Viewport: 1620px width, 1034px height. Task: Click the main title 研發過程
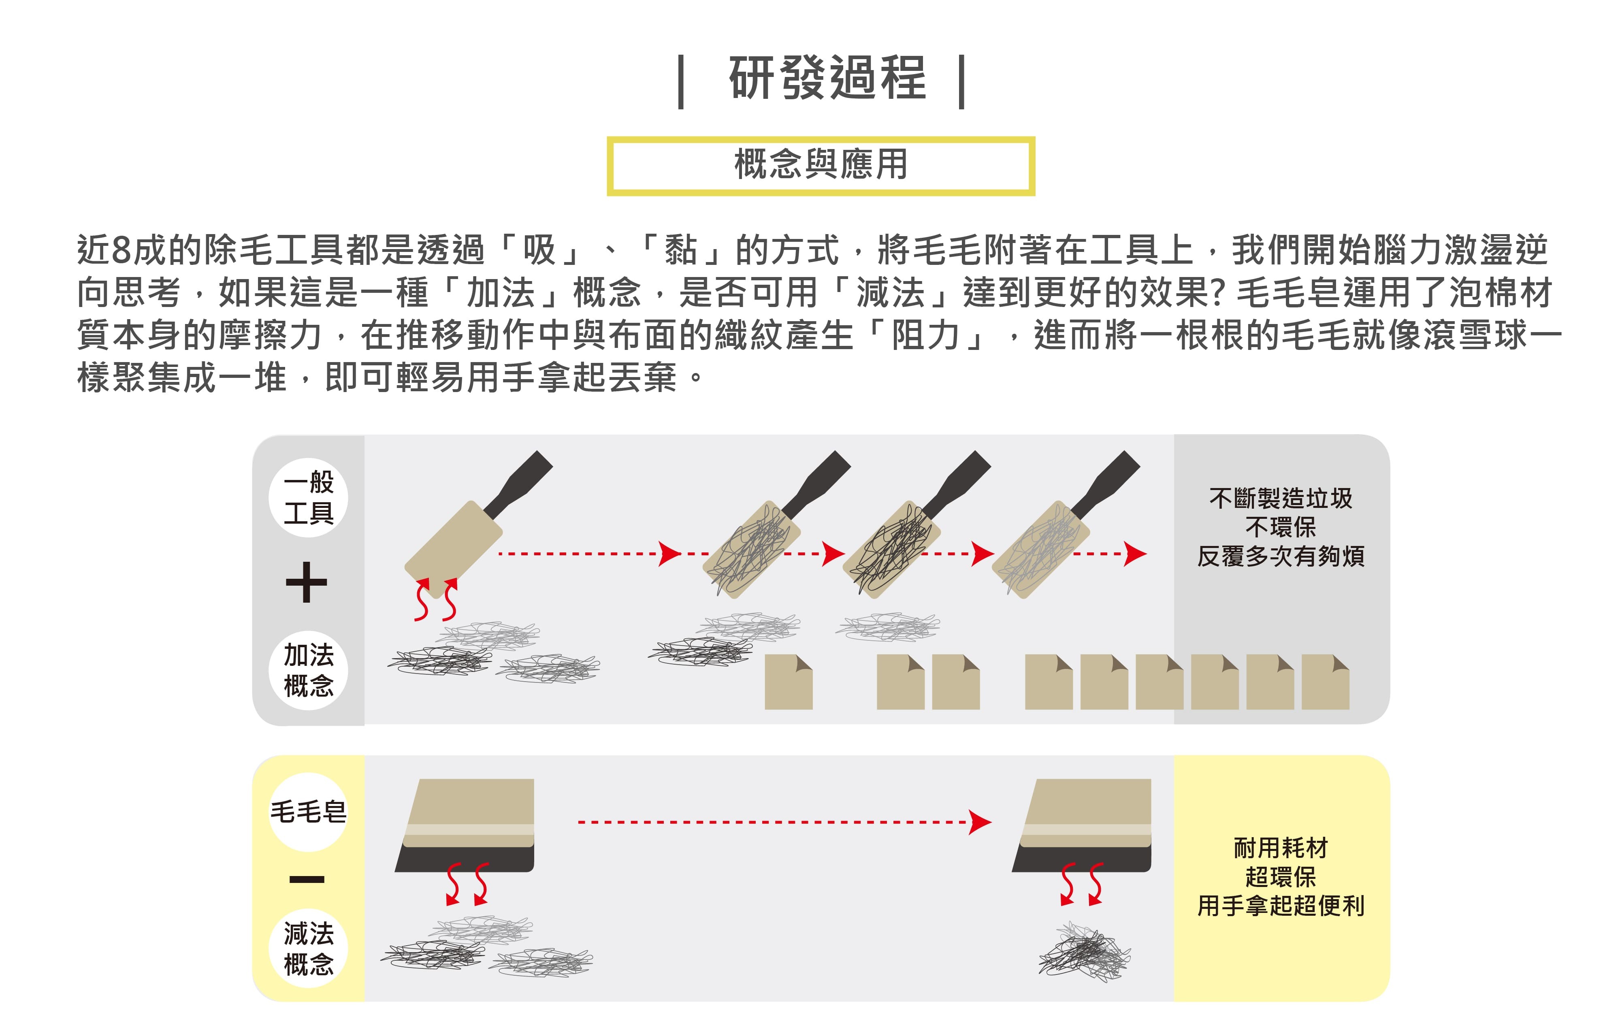pos(827,78)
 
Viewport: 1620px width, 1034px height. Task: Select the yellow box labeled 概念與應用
pos(821,166)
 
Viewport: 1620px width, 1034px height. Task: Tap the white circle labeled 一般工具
pos(308,498)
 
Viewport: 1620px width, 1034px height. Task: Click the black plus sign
pos(306,582)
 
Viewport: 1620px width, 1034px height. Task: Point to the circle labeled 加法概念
pos(308,670)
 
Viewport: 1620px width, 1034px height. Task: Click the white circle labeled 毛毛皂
pos(308,812)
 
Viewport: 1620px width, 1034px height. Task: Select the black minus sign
pos(307,879)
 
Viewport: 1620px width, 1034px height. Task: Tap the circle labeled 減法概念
pos(308,949)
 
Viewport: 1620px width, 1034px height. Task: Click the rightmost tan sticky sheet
pos(1325,682)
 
